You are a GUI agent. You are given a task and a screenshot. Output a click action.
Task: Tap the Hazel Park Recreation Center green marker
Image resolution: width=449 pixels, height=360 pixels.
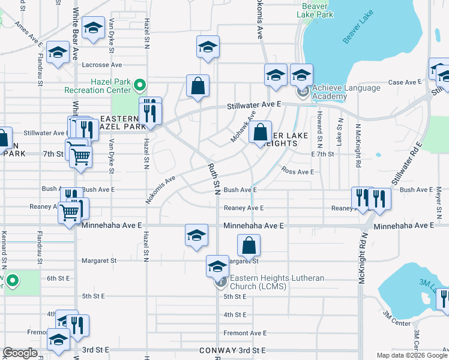(x=140, y=85)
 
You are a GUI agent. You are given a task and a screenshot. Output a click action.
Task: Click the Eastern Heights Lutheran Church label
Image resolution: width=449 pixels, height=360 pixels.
(x=277, y=282)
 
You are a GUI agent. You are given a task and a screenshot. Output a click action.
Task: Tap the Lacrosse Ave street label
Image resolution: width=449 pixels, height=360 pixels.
(x=102, y=65)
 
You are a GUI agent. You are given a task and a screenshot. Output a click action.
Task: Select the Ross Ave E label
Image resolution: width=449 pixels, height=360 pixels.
(x=298, y=172)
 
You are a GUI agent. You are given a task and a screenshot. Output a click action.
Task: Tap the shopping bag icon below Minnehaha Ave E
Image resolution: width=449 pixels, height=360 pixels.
(x=249, y=245)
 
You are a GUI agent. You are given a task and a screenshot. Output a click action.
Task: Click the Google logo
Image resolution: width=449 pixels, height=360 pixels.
(x=20, y=353)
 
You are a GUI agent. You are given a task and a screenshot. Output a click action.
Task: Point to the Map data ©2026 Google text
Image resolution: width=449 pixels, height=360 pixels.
(x=411, y=355)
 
